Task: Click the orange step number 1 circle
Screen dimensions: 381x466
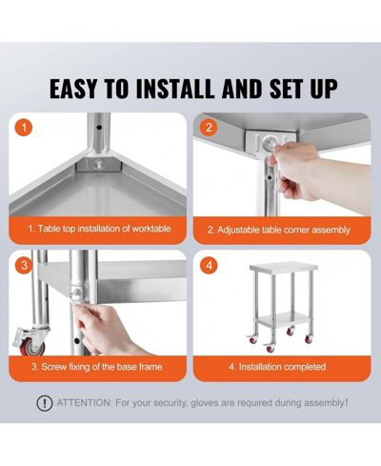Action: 24,128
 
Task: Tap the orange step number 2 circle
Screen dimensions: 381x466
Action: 209,128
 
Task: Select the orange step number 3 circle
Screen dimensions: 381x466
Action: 24,265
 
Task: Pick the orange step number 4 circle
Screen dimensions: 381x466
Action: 209,265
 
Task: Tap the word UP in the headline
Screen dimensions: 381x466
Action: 324,89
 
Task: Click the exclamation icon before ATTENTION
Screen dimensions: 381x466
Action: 45,403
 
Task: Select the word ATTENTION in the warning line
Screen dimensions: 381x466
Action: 84,403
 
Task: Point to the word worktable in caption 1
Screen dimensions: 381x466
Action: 151,229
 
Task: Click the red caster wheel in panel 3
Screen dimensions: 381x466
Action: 31,346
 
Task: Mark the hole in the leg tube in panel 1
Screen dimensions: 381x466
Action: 99,128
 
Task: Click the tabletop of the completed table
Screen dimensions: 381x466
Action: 283,266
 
